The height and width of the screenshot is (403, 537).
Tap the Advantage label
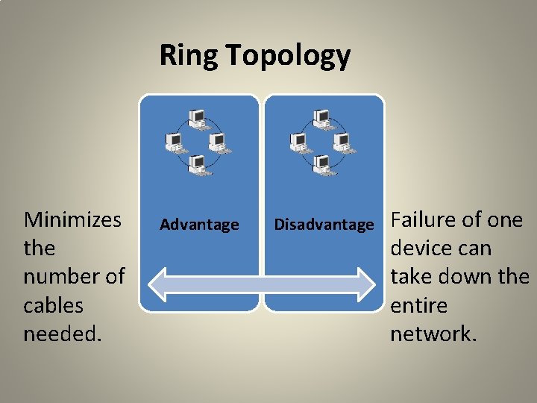pos(199,225)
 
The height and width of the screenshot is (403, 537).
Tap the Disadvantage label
pos(324,225)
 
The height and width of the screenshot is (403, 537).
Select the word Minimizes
pos(72,219)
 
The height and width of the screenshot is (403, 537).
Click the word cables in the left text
pos(53,305)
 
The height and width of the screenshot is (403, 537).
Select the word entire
pos(418,305)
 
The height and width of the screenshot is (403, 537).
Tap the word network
pos(433,334)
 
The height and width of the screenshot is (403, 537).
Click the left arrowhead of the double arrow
pos(156,284)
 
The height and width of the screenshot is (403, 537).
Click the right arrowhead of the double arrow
pos(366,284)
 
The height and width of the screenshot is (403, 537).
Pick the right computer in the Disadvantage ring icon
pos(344,141)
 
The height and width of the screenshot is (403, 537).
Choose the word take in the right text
pos(414,276)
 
